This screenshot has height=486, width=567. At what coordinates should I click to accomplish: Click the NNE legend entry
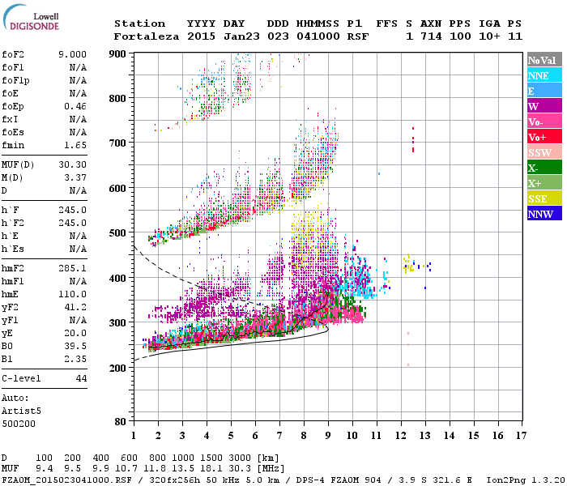[x=544, y=75]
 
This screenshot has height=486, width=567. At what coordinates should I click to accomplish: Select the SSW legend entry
[x=544, y=152]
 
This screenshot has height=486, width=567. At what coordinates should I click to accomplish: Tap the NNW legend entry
[x=544, y=214]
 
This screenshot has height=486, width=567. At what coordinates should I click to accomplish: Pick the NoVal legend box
[x=544, y=60]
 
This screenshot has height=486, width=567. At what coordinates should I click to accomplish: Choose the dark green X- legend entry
[x=544, y=168]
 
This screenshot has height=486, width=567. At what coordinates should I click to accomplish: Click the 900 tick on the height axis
[x=119, y=53]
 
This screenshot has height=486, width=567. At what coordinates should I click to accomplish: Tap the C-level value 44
[x=81, y=378]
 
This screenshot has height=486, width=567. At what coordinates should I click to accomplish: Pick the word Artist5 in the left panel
[x=19, y=411]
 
